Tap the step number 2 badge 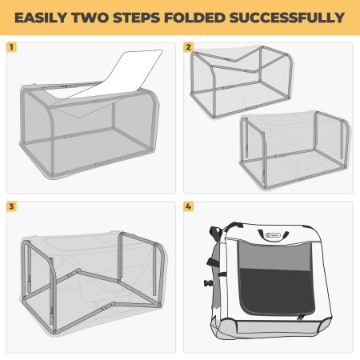click(x=189, y=47)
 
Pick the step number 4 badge click(x=189, y=206)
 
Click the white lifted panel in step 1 click(x=120, y=76)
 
